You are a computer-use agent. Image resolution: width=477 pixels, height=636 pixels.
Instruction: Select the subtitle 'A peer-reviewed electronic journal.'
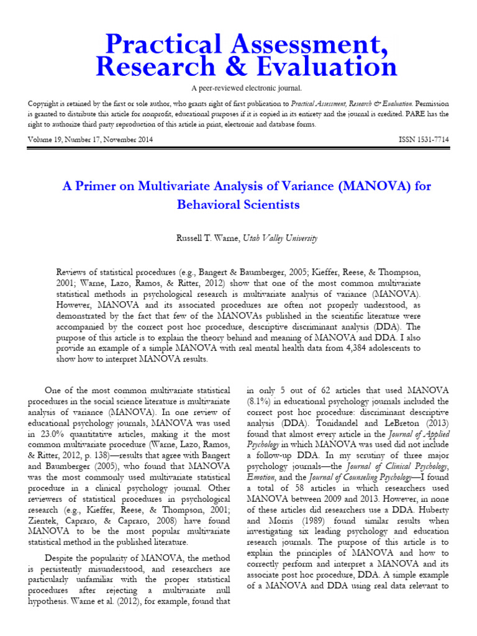[238, 89]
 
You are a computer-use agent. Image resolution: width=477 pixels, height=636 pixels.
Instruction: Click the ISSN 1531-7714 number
[423, 141]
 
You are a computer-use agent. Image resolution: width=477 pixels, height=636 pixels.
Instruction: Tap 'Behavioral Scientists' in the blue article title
[238, 204]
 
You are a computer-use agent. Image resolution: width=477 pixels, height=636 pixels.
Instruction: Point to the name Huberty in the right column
[427, 512]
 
